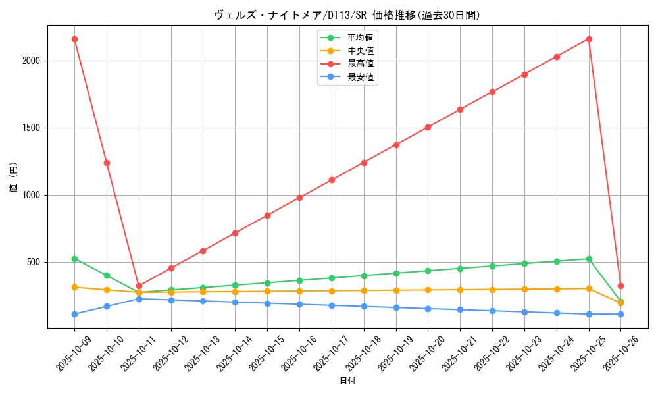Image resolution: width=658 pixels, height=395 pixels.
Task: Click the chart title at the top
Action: coord(347,14)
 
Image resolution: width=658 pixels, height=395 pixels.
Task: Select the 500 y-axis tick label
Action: coord(34,262)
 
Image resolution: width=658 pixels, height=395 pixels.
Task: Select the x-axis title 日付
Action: coord(347,381)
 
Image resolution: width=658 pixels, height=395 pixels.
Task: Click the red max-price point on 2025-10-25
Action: coord(589,39)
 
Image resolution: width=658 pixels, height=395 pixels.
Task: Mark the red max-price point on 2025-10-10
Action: coord(107,163)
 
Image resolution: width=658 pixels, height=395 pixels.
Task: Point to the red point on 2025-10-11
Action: coord(139,286)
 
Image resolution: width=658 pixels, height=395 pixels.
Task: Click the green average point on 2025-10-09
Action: coord(74,259)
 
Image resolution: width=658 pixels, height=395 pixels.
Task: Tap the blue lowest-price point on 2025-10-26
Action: coord(620,314)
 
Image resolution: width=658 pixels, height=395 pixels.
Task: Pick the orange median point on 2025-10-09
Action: coord(74,287)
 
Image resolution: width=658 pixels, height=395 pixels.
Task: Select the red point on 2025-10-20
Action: coord(428,127)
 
